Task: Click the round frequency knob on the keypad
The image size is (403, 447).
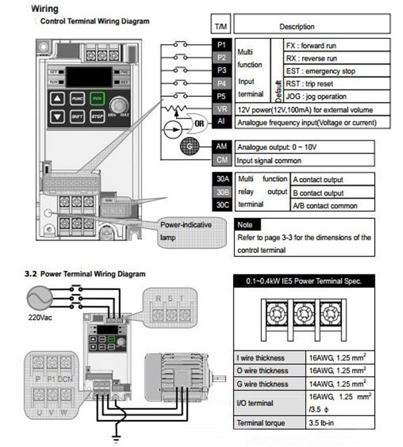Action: click(119, 105)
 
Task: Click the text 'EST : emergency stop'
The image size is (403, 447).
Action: click(329, 71)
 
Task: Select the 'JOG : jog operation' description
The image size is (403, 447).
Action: click(326, 96)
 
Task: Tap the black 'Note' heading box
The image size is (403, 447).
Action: click(245, 225)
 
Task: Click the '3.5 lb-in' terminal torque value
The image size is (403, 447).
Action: click(323, 424)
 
